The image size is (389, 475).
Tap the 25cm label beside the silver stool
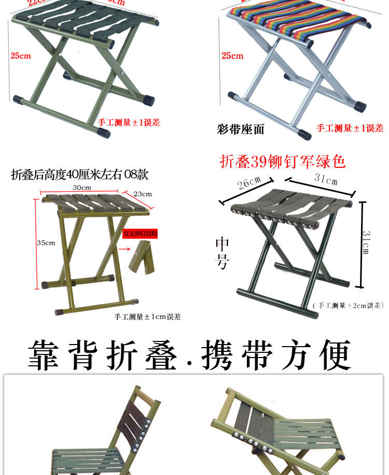(x=232, y=56)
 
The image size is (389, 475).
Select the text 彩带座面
(x=240, y=129)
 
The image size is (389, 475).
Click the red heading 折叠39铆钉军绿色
(x=283, y=162)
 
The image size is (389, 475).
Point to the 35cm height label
(x=46, y=243)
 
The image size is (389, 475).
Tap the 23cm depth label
(x=143, y=194)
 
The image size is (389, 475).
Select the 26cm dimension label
(x=248, y=183)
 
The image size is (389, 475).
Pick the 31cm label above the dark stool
(x=325, y=180)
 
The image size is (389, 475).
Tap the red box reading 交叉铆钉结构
(x=140, y=234)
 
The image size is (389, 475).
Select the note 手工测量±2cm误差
(x=349, y=306)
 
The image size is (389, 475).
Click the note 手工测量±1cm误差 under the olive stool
(x=147, y=316)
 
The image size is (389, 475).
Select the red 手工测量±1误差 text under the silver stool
(x=350, y=128)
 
